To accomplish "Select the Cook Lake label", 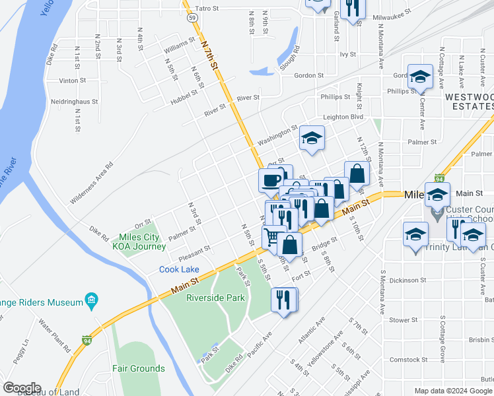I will point(179,269).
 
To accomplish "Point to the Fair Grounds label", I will point(138,368).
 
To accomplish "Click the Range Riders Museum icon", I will point(92,302).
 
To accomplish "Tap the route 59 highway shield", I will point(191,18).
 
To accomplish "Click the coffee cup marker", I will point(271,180).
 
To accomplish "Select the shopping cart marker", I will point(271,236).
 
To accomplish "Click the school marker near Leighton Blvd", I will point(311,138).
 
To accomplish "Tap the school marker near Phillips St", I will point(419,77).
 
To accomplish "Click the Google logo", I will point(22,388).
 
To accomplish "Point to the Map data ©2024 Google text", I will point(453,391).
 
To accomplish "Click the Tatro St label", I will point(207,9).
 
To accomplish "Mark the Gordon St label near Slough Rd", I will point(308,75).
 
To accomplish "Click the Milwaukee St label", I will point(392,12).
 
